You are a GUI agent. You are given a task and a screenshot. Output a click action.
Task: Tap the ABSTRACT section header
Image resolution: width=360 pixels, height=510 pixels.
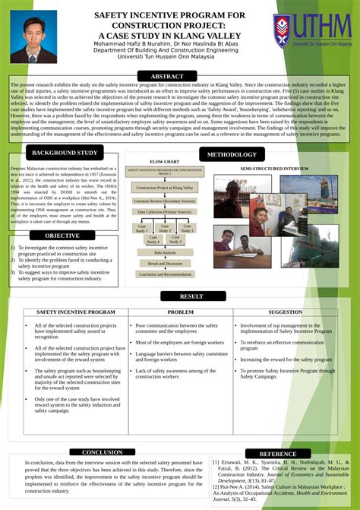coord(167,77)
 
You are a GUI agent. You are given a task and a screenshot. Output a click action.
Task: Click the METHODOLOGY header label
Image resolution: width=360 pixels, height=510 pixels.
coord(232,154)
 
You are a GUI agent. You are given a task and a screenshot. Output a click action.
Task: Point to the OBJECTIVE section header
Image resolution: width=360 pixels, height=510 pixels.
coord(62,236)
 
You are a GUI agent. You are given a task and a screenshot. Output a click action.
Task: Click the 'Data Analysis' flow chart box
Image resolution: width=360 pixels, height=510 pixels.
coord(165,252)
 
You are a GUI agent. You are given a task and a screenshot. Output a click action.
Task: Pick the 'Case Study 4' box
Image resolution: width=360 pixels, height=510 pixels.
coord(143,240)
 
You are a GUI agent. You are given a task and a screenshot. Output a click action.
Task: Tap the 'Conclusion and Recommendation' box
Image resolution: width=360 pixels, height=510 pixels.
coord(165,274)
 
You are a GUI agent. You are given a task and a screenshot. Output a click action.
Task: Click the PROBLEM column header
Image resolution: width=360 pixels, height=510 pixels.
coord(181,312)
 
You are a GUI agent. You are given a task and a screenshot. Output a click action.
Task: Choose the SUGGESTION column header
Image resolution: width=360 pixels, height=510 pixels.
coord(286,312)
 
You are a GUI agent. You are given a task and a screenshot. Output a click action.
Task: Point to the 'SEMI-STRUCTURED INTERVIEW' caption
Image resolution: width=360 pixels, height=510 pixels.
coord(274,167)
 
